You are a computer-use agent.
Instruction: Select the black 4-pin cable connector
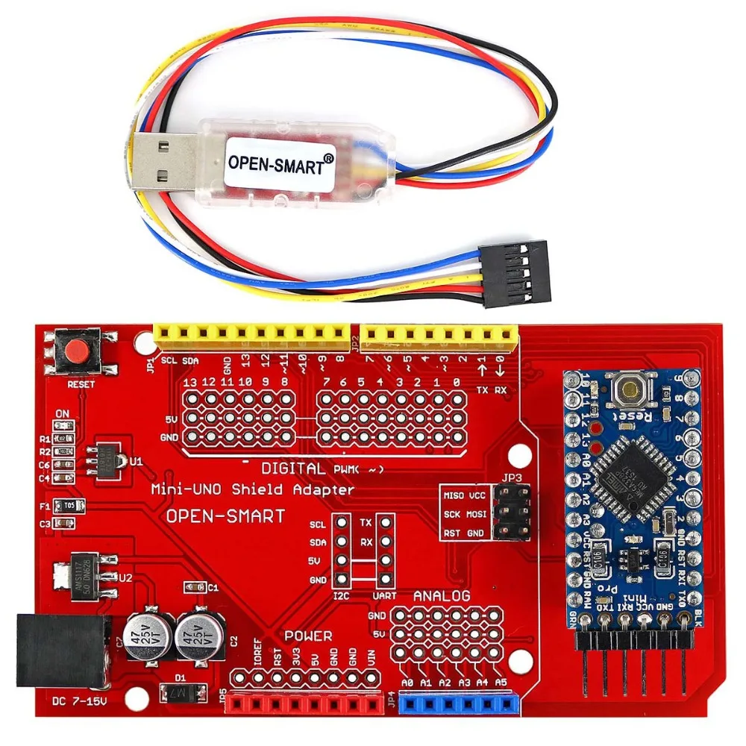pos(516,273)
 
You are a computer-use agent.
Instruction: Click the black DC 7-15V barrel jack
pos(61,649)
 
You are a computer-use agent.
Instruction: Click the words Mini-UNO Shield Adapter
pos(253,490)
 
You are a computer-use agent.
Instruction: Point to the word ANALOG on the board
pos(442,596)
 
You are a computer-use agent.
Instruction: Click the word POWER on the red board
pos(308,636)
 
